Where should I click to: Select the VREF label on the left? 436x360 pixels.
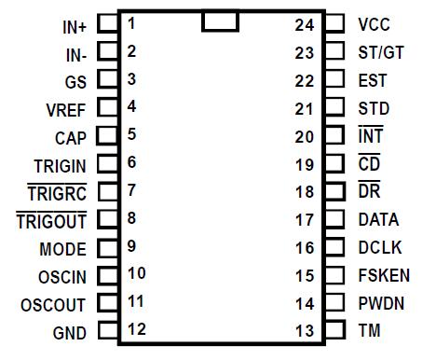click(65, 109)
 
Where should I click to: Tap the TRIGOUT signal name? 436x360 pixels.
click(51, 221)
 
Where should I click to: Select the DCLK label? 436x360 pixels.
click(377, 248)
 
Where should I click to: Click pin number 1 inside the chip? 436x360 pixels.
click(132, 22)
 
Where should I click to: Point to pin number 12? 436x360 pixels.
click(137, 328)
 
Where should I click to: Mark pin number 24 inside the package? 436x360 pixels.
click(305, 24)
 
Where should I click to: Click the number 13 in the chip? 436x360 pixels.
click(305, 331)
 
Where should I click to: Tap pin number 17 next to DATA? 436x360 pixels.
click(305, 220)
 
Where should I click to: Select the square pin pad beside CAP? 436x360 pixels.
click(108, 137)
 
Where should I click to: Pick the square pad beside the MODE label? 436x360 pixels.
click(108, 249)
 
